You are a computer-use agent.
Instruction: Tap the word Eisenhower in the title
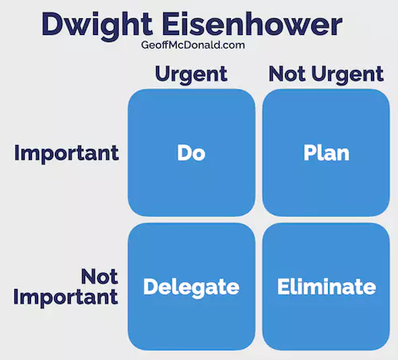[x=252, y=24]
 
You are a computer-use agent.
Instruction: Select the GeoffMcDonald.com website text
[x=193, y=45]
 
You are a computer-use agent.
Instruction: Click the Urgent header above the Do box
[x=191, y=74]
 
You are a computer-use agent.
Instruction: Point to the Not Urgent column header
[x=326, y=74]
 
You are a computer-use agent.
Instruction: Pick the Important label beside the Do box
[x=67, y=154]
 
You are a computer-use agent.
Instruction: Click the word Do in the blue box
[x=191, y=153]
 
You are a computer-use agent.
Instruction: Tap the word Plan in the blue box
[x=326, y=153]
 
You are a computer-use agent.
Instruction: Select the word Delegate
[x=191, y=288]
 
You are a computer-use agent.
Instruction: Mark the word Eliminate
[x=326, y=287]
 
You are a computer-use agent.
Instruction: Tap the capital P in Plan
[x=310, y=153]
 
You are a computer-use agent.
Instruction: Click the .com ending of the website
[x=232, y=45]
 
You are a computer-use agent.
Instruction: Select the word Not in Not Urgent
[x=287, y=73]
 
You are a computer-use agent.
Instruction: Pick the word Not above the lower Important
[x=99, y=276]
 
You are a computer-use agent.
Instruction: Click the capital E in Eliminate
[x=283, y=287]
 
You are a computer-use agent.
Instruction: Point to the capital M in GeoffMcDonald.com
[x=174, y=45]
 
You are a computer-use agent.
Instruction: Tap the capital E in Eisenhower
[x=170, y=24]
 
